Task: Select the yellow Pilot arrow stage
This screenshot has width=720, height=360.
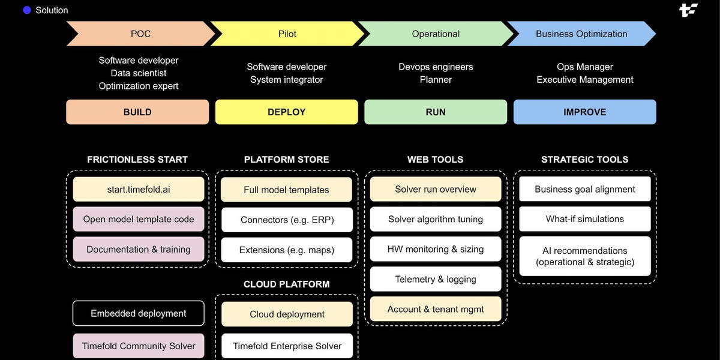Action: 287,34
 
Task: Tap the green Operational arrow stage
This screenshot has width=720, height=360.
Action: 436,34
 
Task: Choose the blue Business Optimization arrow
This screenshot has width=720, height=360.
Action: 581,34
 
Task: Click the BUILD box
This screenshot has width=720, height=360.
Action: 137,112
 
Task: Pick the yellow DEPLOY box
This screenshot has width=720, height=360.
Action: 286,112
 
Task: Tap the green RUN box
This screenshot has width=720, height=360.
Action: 436,112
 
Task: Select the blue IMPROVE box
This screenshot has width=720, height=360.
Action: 584,112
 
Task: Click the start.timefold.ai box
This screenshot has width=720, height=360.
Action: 139,189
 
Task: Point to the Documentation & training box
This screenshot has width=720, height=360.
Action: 139,249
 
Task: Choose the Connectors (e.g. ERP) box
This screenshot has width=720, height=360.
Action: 287,220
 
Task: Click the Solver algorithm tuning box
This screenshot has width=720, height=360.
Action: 436,219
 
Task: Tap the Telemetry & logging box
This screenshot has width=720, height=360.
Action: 436,279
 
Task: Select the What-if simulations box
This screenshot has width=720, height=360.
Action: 584,219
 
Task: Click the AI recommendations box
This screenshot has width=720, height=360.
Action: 584,256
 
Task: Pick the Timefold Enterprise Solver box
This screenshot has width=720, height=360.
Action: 287,346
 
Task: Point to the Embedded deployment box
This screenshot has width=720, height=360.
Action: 139,313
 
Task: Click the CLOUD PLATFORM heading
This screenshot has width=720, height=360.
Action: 287,284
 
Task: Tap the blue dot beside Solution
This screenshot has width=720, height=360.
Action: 27,10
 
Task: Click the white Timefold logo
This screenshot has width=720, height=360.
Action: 688,10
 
